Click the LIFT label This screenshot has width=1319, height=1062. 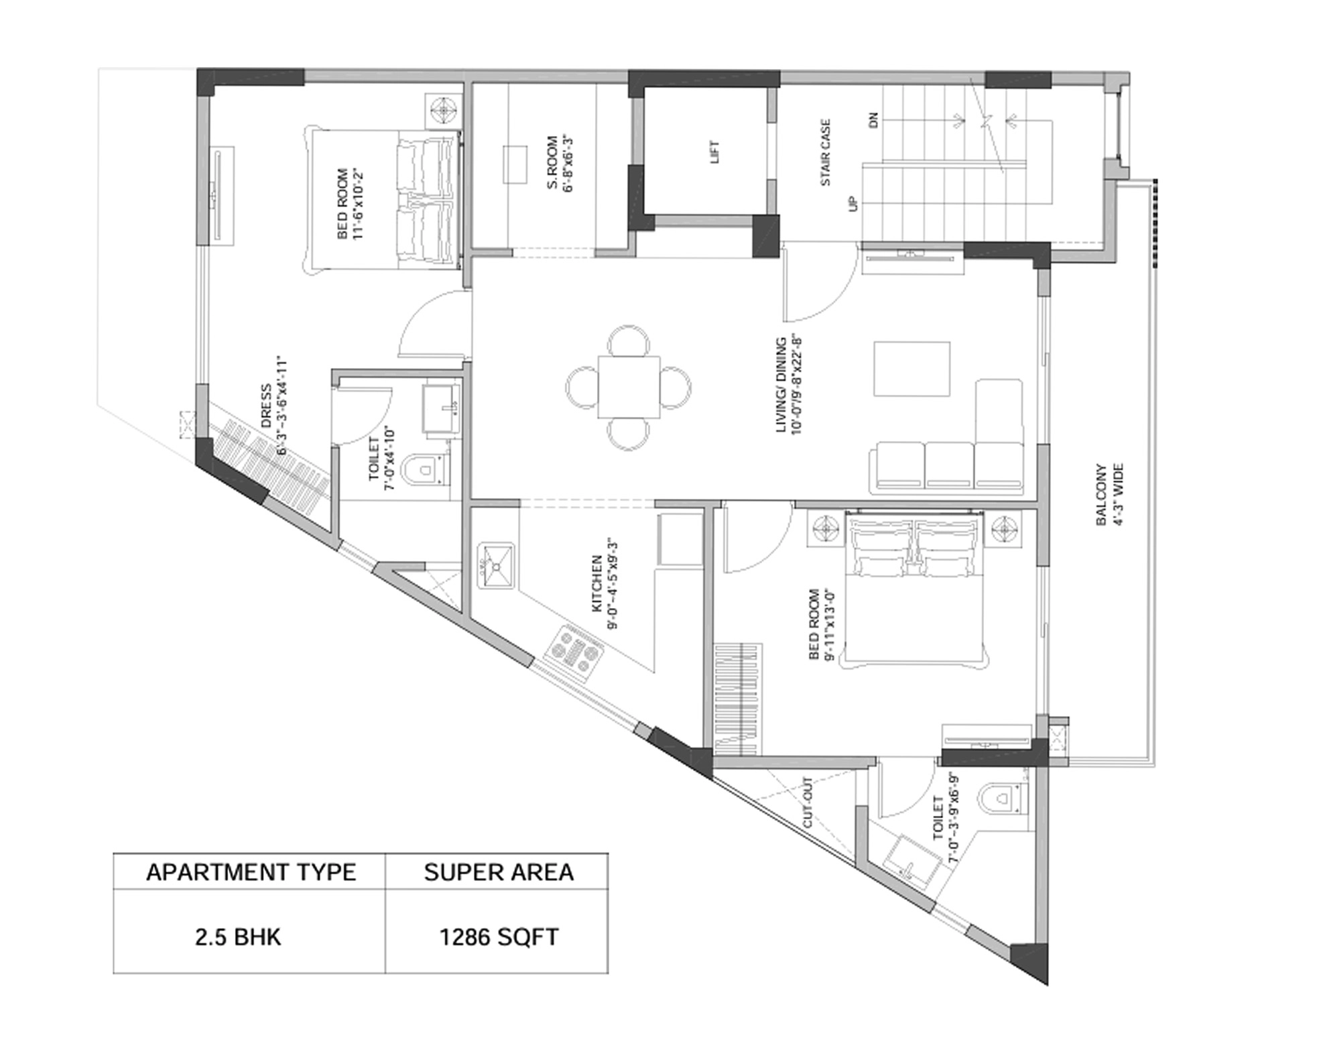point(714,152)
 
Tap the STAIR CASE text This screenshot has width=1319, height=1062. point(825,152)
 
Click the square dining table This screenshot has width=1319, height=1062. point(629,387)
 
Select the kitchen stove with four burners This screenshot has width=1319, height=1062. point(574,654)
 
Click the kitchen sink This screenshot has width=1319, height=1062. point(496,567)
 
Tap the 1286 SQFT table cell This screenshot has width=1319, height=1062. point(498,937)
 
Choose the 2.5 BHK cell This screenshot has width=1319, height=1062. point(238,937)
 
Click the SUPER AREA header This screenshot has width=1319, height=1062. point(498,872)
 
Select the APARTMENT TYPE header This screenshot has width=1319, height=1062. point(251,872)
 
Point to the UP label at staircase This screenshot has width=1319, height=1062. point(853,203)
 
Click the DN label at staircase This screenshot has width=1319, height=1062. point(873,121)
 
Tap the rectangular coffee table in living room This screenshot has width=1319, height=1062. point(912,369)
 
